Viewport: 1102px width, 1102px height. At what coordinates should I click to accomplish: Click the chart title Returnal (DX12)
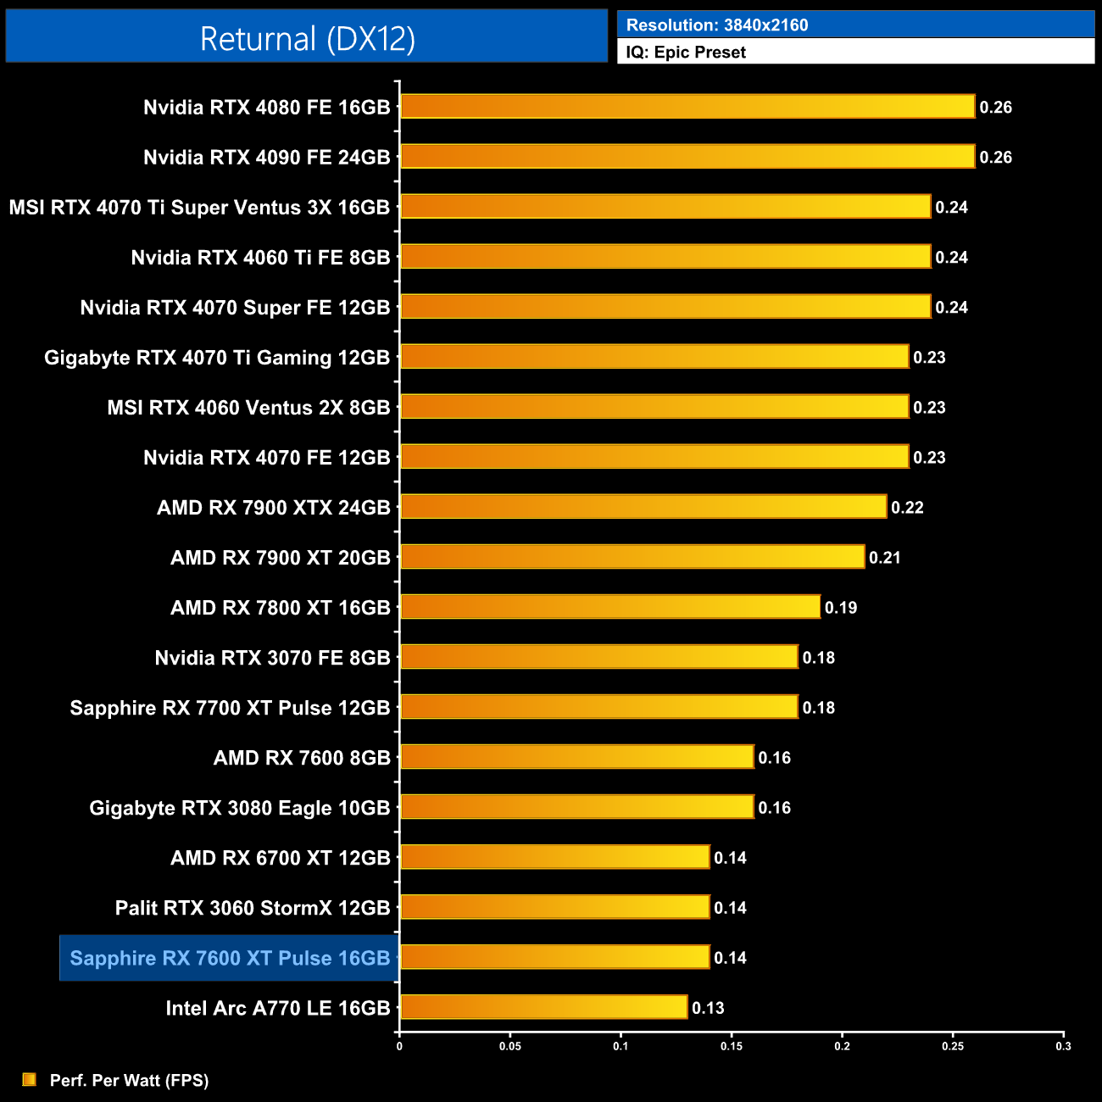pos(307,39)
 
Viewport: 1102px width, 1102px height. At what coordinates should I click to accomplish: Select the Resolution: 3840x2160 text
pos(717,25)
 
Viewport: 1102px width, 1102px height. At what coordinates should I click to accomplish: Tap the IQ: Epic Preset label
pos(686,53)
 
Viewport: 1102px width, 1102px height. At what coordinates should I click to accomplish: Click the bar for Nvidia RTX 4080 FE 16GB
pos(687,107)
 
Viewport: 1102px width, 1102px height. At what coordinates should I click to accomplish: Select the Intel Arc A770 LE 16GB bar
pos(543,1007)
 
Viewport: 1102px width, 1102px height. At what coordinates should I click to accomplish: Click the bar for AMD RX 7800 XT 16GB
pos(609,607)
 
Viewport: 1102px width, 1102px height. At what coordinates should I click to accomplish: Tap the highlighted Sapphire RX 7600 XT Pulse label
pos(230,958)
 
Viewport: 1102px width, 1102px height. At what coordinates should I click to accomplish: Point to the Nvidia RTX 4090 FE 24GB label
pos(266,158)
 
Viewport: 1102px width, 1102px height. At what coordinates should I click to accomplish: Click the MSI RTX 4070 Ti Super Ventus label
pos(199,208)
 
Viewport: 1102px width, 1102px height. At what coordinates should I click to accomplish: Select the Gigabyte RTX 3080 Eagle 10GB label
pos(239,808)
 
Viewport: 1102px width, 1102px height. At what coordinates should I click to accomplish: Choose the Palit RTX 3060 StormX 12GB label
pos(252,908)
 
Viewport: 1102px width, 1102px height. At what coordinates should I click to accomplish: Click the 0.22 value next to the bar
pos(907,508)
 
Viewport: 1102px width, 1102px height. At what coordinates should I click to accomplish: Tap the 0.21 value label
pos(884,558)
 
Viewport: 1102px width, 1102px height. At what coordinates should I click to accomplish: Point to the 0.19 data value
pos(841,608)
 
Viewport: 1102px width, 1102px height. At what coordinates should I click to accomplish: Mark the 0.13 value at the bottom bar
pos(708,1008)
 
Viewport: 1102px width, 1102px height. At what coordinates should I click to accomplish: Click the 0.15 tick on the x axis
pos(732,1046)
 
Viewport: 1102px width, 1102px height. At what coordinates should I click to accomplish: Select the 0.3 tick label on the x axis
pos(1063,1046)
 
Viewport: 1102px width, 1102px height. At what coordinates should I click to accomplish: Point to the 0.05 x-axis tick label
pos(510,1046)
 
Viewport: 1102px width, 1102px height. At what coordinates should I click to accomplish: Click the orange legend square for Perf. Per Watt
pos(30,1079)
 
